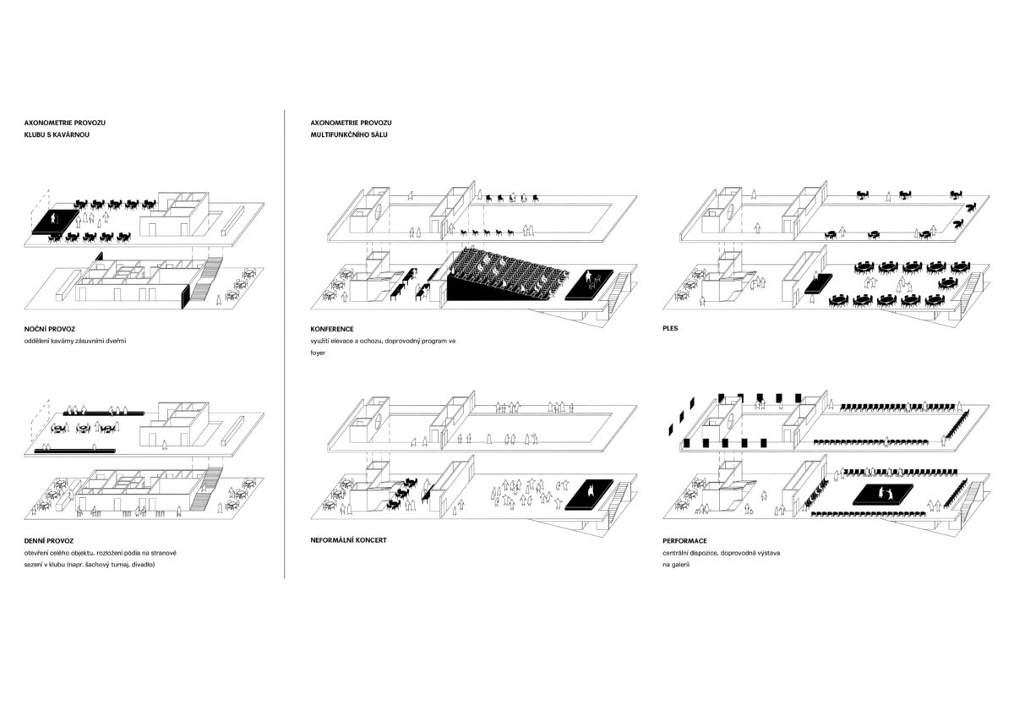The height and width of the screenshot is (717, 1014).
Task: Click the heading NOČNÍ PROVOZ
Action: (x=49, y=329)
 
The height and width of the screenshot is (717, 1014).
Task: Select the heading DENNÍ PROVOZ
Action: (x=48, y=540)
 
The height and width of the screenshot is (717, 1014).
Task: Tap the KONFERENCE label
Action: (x=332, y=329)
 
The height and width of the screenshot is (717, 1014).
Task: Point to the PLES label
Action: (x=670, y=328)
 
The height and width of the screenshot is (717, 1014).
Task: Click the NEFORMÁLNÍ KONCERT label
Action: (x=348, y=540)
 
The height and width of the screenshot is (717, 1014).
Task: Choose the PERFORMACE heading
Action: (x=684, y=540)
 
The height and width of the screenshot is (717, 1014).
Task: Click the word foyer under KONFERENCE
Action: (x=318, y=353)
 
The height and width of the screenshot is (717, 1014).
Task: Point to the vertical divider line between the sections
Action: (x=284, y=344)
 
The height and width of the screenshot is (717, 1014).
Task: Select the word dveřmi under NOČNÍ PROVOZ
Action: (x=116, y=341)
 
